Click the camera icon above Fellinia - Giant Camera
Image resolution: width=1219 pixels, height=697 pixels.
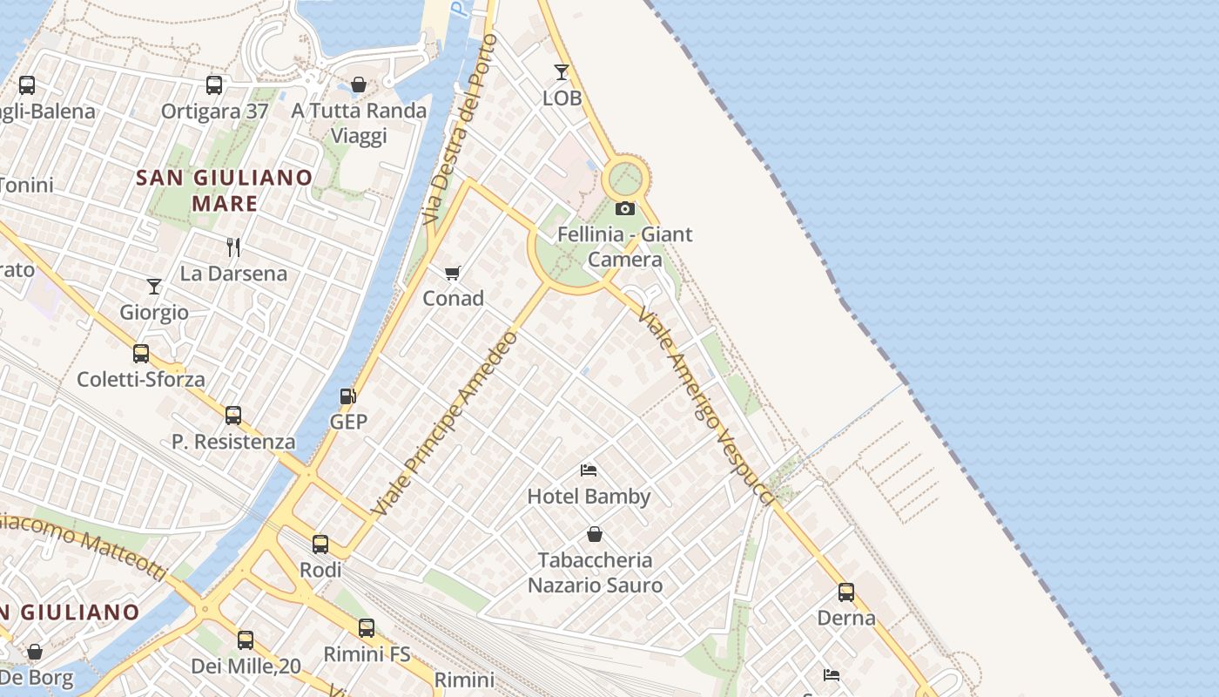coord(625,208)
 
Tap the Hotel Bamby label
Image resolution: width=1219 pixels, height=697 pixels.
coord(589,497)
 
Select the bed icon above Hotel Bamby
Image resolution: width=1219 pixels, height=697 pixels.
coord(589,470)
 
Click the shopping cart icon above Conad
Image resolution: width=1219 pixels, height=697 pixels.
coord(453,274)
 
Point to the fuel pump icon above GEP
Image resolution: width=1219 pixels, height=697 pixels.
coord(348,396)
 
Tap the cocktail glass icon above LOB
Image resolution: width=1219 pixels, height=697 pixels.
coord(562,72)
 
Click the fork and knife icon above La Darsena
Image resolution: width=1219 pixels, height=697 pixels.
coord(233,247)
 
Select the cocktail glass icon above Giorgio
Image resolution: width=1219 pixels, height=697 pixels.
coord(154,286)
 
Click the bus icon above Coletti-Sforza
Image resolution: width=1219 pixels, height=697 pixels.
coord(141,354)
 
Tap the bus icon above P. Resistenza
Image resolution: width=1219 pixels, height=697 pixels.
coord(233,416)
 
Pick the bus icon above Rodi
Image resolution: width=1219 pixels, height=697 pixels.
coord(320,545)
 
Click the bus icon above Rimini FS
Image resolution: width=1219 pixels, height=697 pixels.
coord(367,628)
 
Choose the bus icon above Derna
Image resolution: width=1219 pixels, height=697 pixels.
coord(846,592)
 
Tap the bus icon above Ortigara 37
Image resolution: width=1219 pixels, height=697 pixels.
coord(214,85)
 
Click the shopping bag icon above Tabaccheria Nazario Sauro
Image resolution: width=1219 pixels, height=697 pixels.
coord(595,534)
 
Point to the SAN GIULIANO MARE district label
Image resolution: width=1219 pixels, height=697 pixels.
coord(226,191)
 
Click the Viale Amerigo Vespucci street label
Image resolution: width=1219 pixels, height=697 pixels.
coord(705,405)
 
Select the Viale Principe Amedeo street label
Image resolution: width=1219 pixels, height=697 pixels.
coord(445,423)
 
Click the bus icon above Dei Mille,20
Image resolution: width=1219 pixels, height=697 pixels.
coord(246,640)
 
